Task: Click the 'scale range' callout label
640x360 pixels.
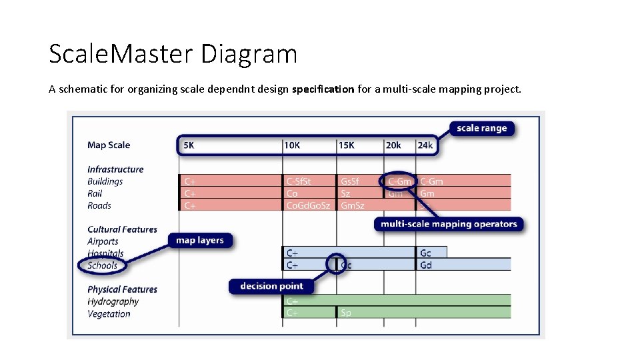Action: (x=482, y=128)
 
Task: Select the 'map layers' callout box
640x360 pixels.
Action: (x=200, y=240)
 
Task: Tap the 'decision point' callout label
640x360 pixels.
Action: (x=271, y=286)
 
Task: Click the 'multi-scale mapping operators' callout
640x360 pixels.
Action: (x=449, y=224)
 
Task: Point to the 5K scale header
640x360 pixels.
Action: (x=189, y=145)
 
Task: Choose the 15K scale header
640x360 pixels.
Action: (x=347, y=145)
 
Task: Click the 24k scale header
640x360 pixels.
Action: (x=425, y=145)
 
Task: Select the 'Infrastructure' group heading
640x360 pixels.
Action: (x=115, y=169)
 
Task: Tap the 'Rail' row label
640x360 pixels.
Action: (x=95, y=193)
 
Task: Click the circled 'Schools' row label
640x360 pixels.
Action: (x=103, y=265)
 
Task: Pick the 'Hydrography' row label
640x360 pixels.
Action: (x=113, y=301)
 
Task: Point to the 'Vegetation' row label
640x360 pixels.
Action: (x=109, y=313)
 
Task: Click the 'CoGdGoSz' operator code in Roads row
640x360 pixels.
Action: (x=308, y=205)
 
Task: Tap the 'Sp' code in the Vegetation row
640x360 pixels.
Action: (x=346, y=313)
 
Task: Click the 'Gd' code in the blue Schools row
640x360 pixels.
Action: (x=426, y=265)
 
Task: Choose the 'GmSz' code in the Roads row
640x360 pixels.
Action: (x=353, y=205)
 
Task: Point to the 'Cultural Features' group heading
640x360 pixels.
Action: (x=122, y=229)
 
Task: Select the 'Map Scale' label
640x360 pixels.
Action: (x=109, y=145)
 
